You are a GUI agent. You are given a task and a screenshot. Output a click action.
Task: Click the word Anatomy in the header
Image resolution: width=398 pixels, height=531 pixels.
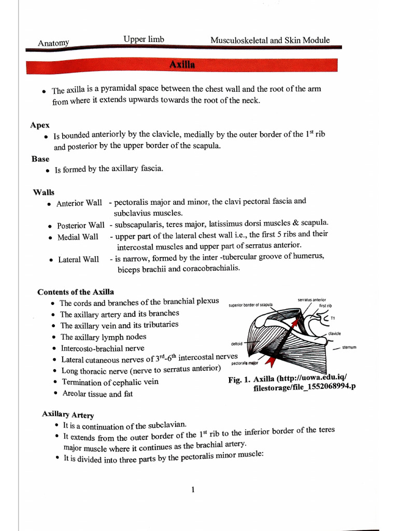pyautogui.click(x=53, y=43)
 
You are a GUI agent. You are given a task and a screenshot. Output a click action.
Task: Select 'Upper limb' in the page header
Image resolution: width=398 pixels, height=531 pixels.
pyautogui.click(x=144, y=39)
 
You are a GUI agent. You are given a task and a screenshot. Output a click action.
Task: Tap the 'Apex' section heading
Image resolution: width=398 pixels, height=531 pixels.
pyautogui.click(x=40, y=125)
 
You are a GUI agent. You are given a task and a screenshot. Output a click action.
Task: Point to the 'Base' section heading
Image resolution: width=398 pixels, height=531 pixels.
pyautogui.click(x=40, y=159)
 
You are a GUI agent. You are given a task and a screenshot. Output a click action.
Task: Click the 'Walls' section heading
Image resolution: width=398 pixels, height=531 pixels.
pyautogui.click(x=44, y=192)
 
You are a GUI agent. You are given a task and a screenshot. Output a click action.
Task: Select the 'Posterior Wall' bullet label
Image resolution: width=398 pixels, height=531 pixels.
pyautogui.click(x=80, y=226)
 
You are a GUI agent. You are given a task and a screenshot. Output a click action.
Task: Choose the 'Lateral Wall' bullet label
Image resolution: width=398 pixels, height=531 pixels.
pyautogui.click(x=78, y=259)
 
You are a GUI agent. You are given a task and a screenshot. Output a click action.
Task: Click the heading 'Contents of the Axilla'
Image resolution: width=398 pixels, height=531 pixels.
pyautogui.click(x=76, y=292)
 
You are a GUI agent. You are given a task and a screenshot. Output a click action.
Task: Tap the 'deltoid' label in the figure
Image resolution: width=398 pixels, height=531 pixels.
pyautogui.click(x=236, y=344)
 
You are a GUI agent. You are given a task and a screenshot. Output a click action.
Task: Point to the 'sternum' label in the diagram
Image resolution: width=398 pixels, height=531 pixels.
pyautogui.click(x=349, y=347)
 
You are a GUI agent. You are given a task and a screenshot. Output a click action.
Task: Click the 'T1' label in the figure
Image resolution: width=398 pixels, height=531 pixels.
pyautogui.click(x=333, y=318)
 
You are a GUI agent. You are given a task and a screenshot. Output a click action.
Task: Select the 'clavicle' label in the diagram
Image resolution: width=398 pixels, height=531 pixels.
pyautogui.click(x=334, y=333)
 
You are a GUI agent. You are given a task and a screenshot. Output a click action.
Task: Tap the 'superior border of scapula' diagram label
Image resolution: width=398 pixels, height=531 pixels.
pyautogui.click(x=250, y=305)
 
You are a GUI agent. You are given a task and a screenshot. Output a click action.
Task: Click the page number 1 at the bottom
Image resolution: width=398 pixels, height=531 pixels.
pyautogui.click(x=193, y=489)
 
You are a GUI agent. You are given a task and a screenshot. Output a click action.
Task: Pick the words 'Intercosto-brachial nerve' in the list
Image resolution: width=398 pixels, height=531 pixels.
pyautogui.click(x=103, y=348)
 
